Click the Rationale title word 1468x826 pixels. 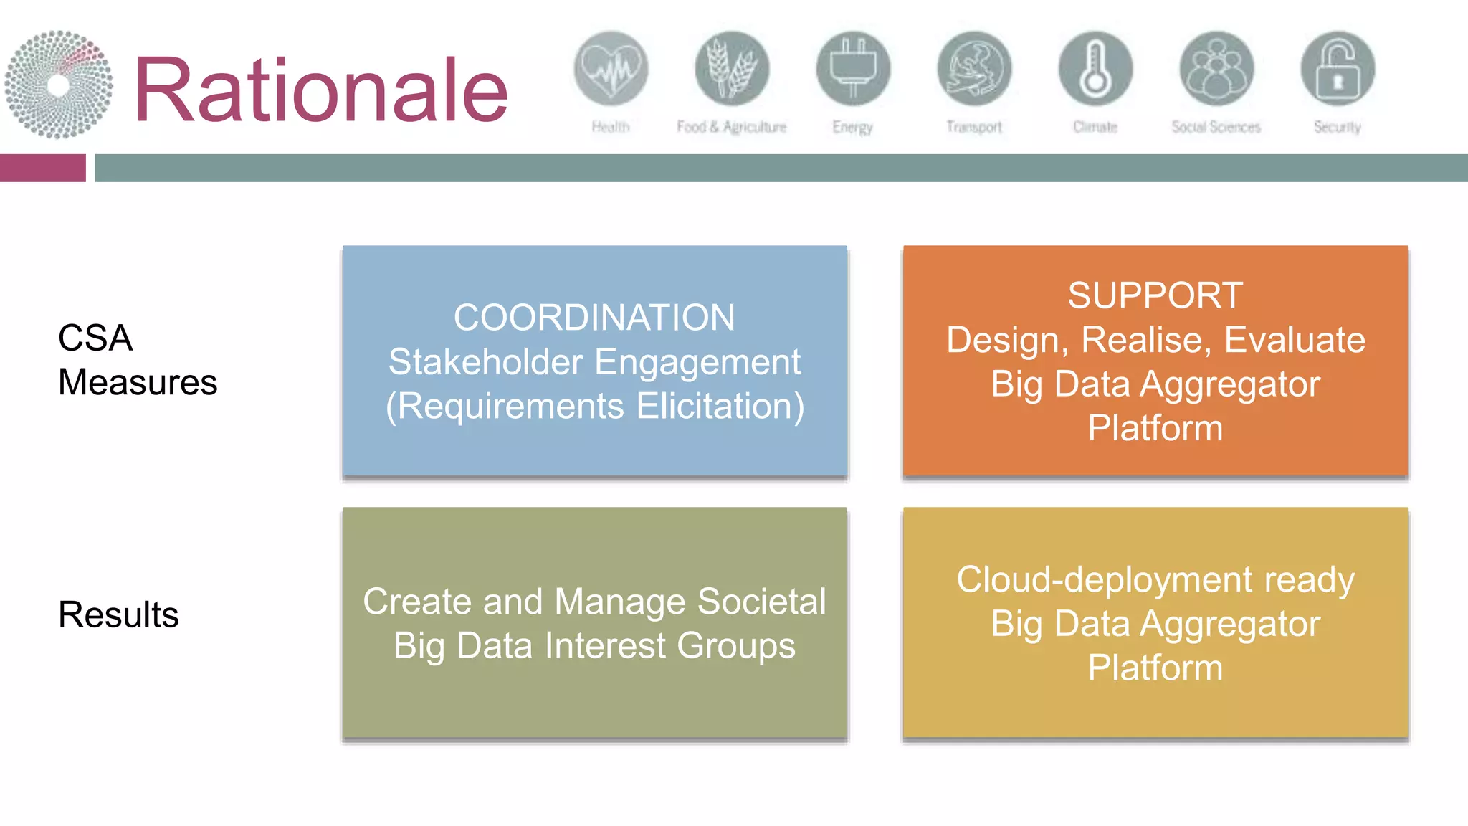[x=320, y=90]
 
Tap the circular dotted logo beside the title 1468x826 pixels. [x=59, y=85]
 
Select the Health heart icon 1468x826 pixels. [x=611, y=69]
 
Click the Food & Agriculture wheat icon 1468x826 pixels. [x=732, y=69]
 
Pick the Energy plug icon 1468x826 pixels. [x=853, y=69]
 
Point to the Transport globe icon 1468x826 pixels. [x=974, y=69]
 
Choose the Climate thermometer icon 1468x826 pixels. [x=1095, y=69]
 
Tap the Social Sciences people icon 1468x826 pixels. [x=1216, y=69]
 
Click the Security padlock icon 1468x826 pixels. [x=1338, y=69]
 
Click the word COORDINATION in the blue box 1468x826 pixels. [x=594, y=318]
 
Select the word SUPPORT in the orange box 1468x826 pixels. [x=1155, y=295]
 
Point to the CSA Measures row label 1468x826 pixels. [x=137, y=360]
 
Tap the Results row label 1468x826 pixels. [x=118, y=614]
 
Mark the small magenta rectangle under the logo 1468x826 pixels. [x=42, y=168]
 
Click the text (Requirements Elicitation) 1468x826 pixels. [x=594, y=407]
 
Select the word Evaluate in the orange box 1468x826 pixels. [x=1294, y=340]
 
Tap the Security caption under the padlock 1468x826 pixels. [x=1337, y=127]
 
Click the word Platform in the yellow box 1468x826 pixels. [x=1155, y=668]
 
